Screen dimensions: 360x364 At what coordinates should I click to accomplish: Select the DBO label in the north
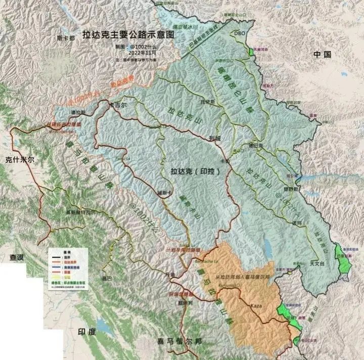click(239, 33)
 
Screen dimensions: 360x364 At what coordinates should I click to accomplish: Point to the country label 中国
click(322, 54)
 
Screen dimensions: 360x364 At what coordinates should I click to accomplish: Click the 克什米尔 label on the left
click(19, 159)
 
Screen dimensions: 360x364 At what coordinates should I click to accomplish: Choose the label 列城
click(214, 137)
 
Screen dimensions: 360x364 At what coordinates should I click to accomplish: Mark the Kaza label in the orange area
click(256, 306)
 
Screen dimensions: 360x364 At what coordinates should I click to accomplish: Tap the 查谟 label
click(17, 257)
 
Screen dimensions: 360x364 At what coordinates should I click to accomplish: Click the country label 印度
click(85, 332)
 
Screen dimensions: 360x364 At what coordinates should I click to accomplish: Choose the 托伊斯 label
click(208, 101)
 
